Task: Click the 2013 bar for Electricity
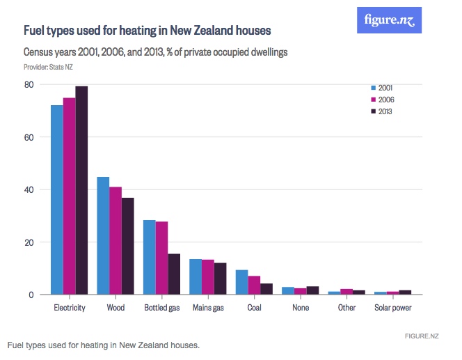[81, 190]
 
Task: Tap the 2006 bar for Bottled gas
[161, 258]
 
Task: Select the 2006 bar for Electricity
[69, 196]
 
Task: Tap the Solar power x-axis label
[393, 308]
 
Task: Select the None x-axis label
[301, 308]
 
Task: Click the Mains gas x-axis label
[208, 308]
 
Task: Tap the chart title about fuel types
[147, 31]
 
